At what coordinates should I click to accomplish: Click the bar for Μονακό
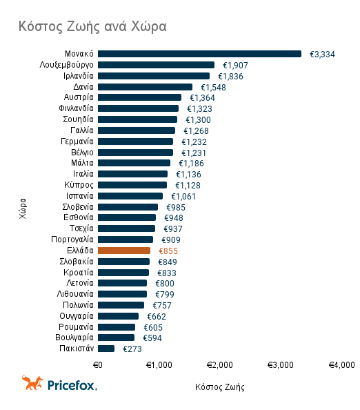coord(199,54)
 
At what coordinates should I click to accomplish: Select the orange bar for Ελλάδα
coord(124,251)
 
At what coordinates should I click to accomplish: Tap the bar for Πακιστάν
coord(106,349)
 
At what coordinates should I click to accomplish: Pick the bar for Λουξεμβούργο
coord(156,65)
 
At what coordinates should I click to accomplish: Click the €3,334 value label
coord(323,54)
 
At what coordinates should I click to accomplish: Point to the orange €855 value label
coord(169,251)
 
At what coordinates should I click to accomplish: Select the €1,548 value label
coord(213,87)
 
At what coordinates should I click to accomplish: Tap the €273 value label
coord(132,349)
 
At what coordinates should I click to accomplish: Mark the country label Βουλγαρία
coord(74,338)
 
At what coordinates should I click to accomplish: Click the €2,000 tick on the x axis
coord(219,364)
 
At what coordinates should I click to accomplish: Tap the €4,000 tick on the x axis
coord(341,364)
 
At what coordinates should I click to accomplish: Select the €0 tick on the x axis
coord(98,364)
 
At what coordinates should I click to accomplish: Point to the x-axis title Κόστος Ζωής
coord(219,387)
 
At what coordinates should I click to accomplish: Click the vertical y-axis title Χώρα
coord(23,207)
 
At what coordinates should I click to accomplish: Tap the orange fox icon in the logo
coord(32,382)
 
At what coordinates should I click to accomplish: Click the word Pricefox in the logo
coord(71,384)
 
